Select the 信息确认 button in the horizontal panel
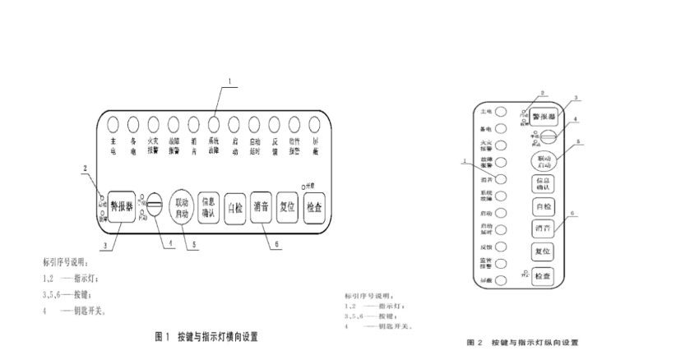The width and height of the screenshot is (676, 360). click(x=208, y=207)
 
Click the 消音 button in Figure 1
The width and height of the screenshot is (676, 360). click(x=262, y=205)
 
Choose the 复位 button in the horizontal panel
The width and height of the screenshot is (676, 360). click(x=287, y=205)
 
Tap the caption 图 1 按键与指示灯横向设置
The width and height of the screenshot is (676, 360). click(x=207, y=337)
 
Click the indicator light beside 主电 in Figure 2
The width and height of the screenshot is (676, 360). click(x=499, y=110)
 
